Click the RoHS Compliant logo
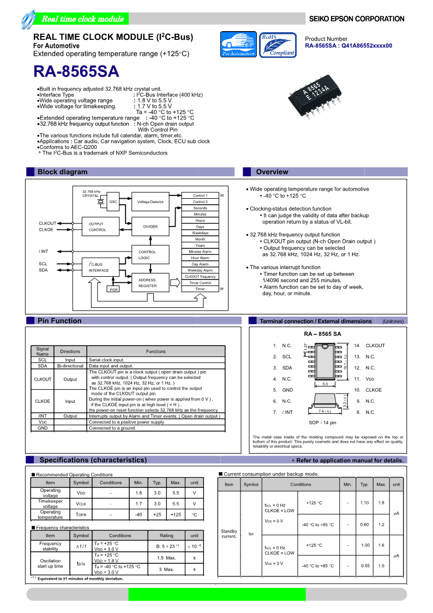(x=277, y=45)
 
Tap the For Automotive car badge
(x=238, y=45)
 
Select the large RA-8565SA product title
(x=76, y=73)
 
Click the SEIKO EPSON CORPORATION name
(x=357, y=19)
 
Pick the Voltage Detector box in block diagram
(x=150, y=202)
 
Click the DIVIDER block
(x=150, y=227)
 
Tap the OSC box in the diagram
(x=113, y=202)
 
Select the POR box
(x=113, y=289)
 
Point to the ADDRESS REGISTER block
(x=147, y=283)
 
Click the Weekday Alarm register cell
(x=200, y=270)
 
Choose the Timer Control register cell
(x=200, y=283)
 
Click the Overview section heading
(x=272, y=172)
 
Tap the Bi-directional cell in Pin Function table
(x=70, y=366)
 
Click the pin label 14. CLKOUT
(x=369, y=346)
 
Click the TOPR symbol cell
(x=81, y=515)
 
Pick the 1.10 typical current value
(x=365, y=503)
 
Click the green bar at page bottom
(x=216, y=594)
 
